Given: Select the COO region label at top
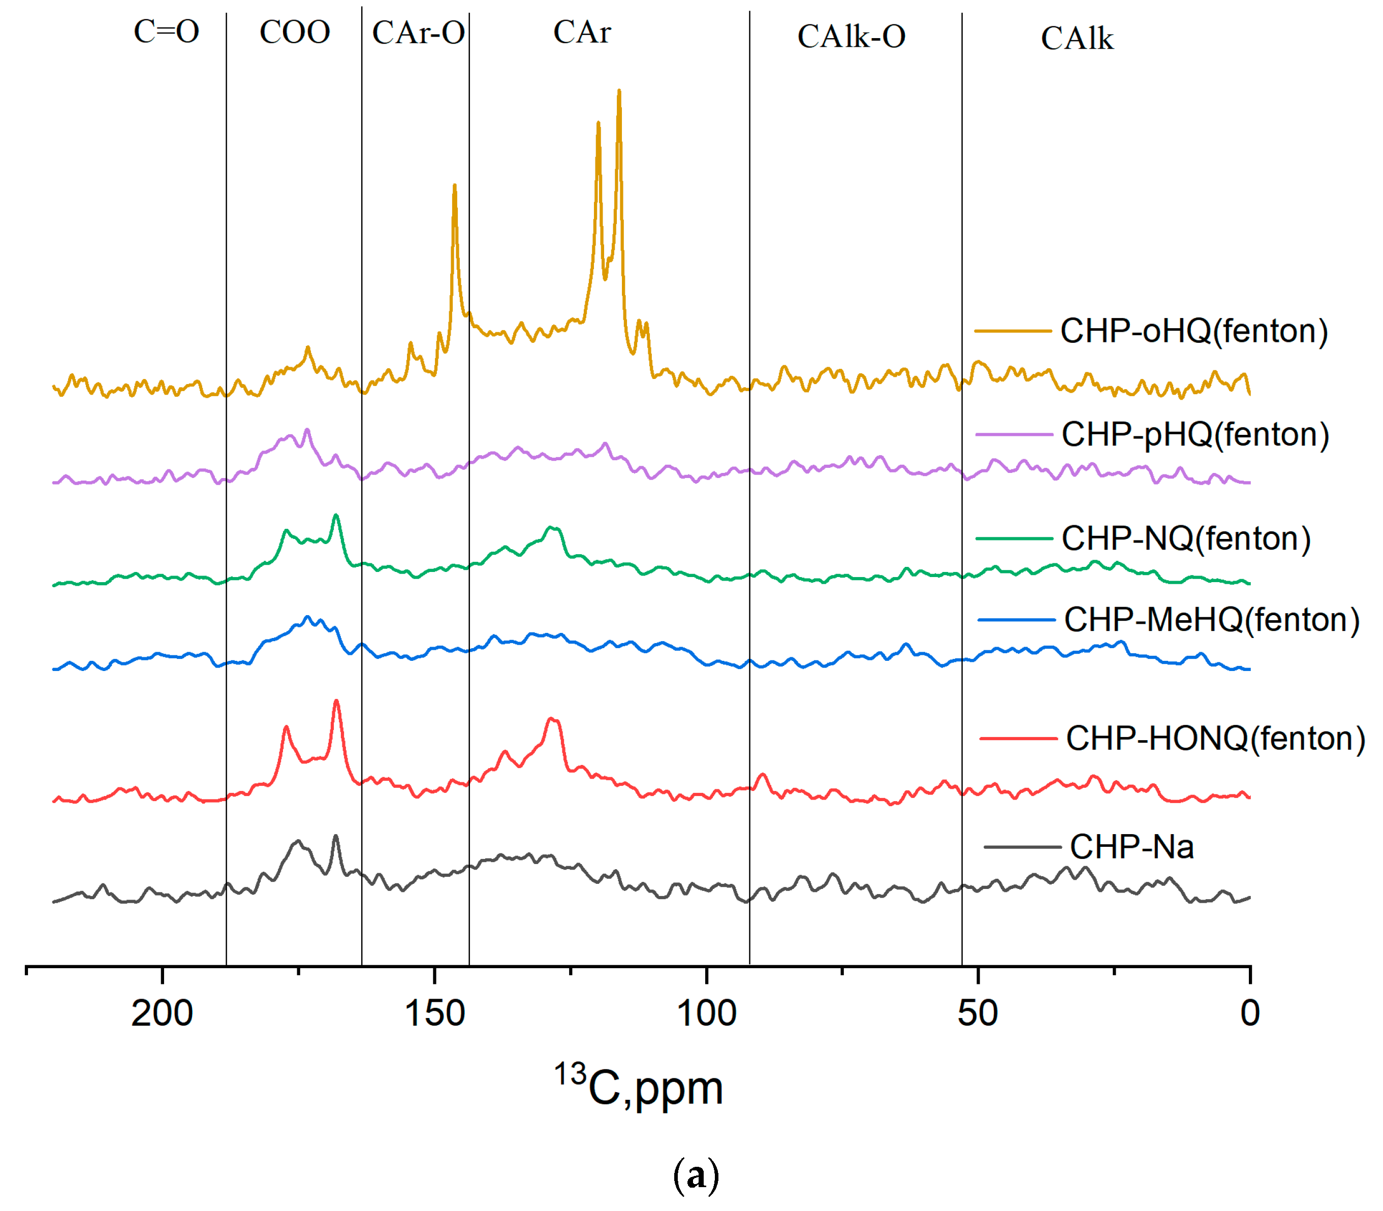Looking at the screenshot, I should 295,33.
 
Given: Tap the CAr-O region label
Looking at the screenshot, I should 419,33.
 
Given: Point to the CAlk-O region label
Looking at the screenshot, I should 851,37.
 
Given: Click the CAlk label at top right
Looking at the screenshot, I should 1076,39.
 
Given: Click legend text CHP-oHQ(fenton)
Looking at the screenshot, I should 1193,331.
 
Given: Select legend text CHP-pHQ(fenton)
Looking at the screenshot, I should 1195,434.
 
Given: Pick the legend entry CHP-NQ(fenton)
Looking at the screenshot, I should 1186,538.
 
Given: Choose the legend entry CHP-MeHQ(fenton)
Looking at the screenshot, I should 1211,620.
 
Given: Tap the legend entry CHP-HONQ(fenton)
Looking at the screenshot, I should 1215,738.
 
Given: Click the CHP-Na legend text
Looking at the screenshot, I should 1131,847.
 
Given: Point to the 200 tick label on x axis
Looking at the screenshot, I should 162,1013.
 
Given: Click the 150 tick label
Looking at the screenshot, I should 434,1013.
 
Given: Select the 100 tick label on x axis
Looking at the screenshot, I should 706,1013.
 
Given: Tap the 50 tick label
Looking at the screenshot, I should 978,1013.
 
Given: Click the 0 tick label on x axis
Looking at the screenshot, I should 1250,1013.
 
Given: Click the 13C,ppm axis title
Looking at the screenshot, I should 639,1088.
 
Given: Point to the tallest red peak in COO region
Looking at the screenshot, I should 336,702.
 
